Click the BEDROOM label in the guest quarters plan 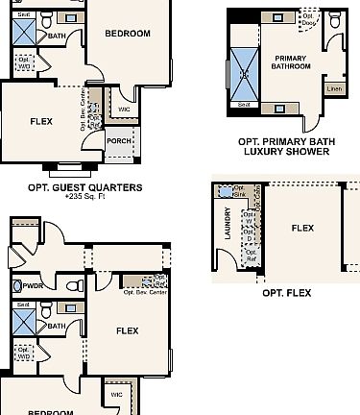tap(127, 34)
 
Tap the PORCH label tap(119, 140)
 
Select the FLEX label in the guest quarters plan tap(41, 121)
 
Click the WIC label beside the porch tap(124, 109)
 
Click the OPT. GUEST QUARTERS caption tap(84, 187)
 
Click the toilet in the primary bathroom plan tap(335, 20)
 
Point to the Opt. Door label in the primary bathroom tap(309, 18)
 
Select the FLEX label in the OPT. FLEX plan tap(302, 229)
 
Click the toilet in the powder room tap(16, 286)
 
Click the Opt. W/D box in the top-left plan tap(24, 63)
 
